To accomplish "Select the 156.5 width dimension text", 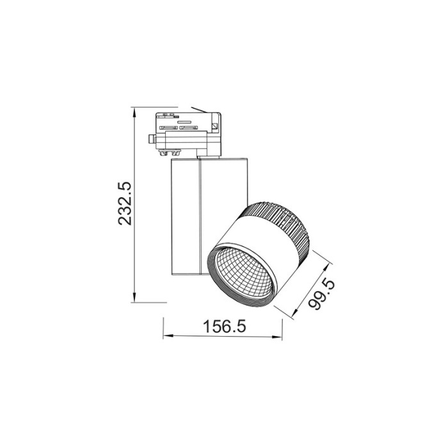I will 225,326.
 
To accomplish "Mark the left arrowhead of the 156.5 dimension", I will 166,336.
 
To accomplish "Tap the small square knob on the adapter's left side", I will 152,139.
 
